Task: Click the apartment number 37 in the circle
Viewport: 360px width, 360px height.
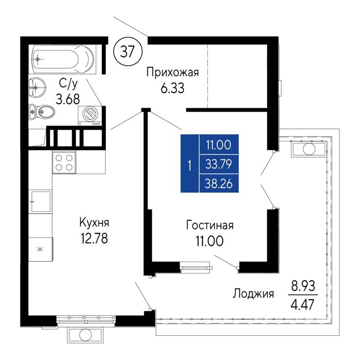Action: [128, 51]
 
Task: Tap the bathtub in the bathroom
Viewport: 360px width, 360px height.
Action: [63, 60]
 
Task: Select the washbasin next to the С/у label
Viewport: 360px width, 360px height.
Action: [38, 87]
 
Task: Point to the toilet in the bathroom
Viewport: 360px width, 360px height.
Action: [42, 112]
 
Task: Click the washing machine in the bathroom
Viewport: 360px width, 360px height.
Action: [90, 116]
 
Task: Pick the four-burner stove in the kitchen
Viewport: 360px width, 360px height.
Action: [64, 163]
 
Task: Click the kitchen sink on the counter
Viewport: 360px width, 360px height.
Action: [41, 202]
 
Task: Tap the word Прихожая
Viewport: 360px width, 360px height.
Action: [172, 73]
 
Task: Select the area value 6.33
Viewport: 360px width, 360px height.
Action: [172, 88]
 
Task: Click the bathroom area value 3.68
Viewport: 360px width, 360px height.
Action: [68, 99]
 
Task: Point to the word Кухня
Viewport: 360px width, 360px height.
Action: [94, 223]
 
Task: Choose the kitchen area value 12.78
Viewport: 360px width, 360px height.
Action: [94, 238]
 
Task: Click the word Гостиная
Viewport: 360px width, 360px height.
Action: [210, 225]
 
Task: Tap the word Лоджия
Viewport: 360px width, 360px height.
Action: [253, 294]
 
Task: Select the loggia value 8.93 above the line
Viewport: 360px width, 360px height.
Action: [303, 286]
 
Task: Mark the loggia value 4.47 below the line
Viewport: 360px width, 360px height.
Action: [302, 304]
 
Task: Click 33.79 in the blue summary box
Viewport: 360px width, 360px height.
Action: [219, 165]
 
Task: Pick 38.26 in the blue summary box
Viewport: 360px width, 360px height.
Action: [219, 184]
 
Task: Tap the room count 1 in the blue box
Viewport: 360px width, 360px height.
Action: [190, 166]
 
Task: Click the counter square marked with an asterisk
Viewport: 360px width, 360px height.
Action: [41, 249]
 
